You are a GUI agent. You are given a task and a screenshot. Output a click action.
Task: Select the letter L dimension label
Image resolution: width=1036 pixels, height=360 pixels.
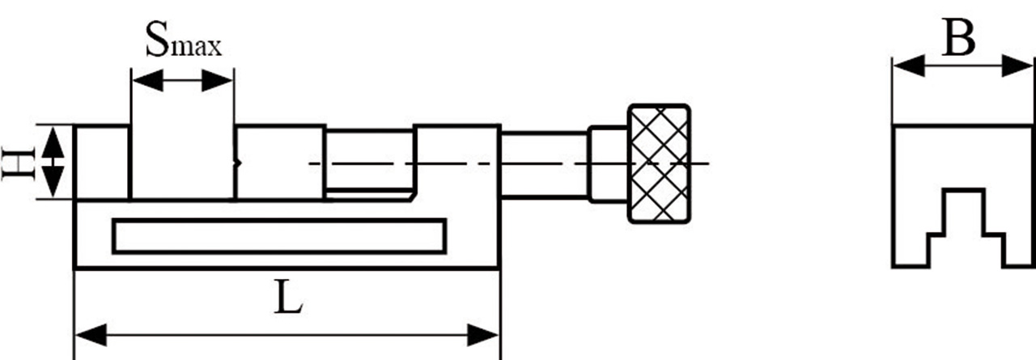[287, 300]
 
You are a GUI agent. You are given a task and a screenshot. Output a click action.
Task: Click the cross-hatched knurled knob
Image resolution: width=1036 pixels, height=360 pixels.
[660, 163]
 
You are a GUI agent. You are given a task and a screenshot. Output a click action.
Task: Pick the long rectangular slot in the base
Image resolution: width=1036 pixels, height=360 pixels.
[279, 235]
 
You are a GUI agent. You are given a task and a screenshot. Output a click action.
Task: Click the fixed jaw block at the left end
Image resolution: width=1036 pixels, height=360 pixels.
[102, 163]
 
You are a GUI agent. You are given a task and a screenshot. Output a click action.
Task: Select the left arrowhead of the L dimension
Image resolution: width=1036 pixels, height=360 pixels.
[87, 333]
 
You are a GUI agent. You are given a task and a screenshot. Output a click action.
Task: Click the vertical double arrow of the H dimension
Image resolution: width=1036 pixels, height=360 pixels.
[53, 163]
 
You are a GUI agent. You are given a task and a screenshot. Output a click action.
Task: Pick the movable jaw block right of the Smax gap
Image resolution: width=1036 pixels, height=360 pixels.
[280, 163]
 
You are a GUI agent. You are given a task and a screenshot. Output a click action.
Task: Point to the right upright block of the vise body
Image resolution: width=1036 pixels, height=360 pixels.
[457, 162]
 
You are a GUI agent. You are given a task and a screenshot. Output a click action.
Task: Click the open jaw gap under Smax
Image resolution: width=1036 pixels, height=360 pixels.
[183, 163]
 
